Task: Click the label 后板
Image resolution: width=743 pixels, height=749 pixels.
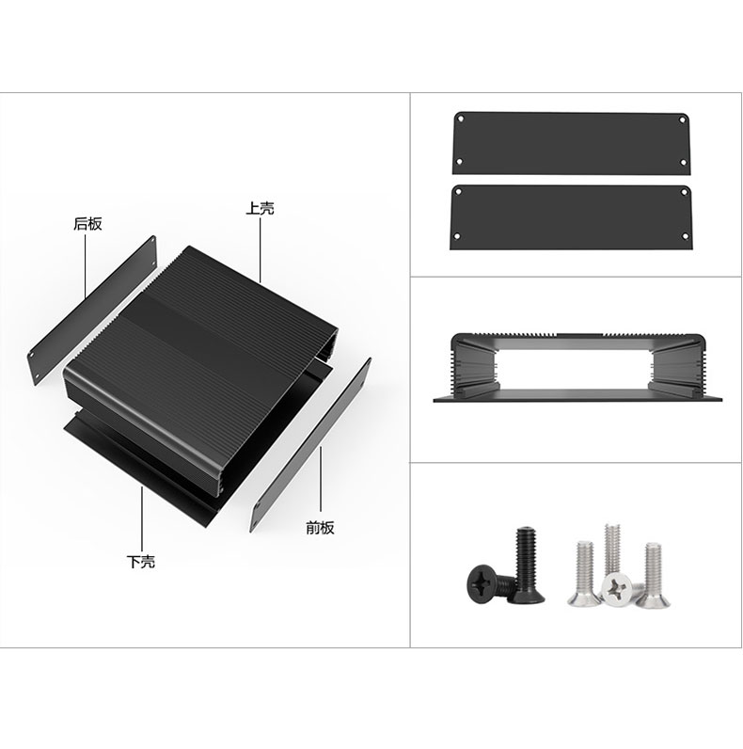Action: (x=87, y=224)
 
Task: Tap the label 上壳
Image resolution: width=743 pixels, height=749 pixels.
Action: (x=260, y=208)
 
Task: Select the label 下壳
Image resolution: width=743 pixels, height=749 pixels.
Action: (x=141, y=561)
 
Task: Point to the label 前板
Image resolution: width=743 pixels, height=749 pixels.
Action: (x=320, y=528)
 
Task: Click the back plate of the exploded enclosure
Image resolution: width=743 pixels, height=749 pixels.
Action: (x=92, y=309)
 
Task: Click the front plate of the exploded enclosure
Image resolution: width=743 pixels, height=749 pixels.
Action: (x=311, y=445)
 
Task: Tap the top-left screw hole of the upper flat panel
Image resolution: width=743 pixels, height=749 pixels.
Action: (x=460, y=119)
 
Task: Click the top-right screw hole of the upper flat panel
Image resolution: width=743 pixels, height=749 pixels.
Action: (x=683, y=120)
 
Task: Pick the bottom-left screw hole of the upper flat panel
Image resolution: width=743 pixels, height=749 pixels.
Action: (x=459, y=163)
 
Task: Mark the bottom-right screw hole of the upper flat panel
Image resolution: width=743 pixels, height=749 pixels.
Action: (x=684, y=163)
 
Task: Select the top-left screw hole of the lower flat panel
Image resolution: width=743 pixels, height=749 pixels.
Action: (x=458, y=192)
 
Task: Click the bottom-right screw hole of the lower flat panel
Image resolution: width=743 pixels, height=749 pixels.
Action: (x=685, y=236)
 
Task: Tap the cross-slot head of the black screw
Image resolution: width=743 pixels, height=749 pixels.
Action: (x=482, y=583)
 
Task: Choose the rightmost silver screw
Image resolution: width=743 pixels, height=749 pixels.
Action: (x=653, y=576)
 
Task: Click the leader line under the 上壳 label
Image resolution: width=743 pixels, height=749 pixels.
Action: (x=261, y=249)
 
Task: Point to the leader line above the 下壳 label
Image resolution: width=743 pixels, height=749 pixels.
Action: (x=142, y=519)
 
